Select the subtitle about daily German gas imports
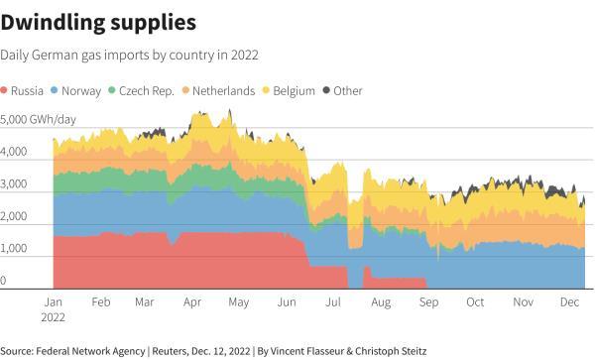pyautogui.click(x=136, y=55)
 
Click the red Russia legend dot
pyautogui.click(x=6, y=91)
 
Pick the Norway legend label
pyautogui.click(x=82, y=91)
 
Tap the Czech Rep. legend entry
pyautogui.click(x=147, y=91)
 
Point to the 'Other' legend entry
pyautogui.click(x=348, y=91)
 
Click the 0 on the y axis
pyautogui.click(x=4, y=282)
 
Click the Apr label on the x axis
pyautogui.click(x=192, y=300)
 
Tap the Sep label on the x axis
pyautogui.click(x=429, y=300)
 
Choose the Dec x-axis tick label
pyautogui.click(x=569, y=300)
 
